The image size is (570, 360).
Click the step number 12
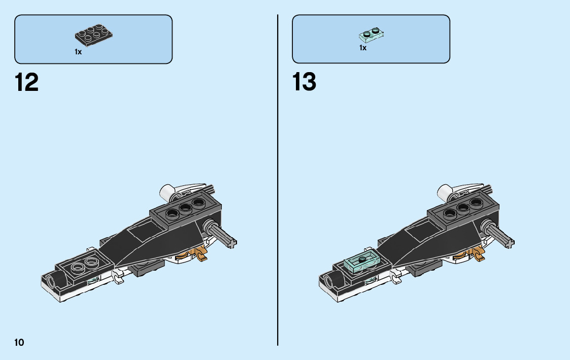coord(27,82)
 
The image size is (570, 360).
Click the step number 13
coord(305,82)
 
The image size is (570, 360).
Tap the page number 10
coord(19,342)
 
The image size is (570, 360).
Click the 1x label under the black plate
coord(78,52)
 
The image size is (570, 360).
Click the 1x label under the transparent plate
coord(363,48)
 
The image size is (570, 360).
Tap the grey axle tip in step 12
coord(233,243)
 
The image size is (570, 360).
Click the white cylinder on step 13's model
coord(445,192)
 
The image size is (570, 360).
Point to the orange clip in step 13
coord(477,253)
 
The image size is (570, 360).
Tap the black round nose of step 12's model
coord(50,280)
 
